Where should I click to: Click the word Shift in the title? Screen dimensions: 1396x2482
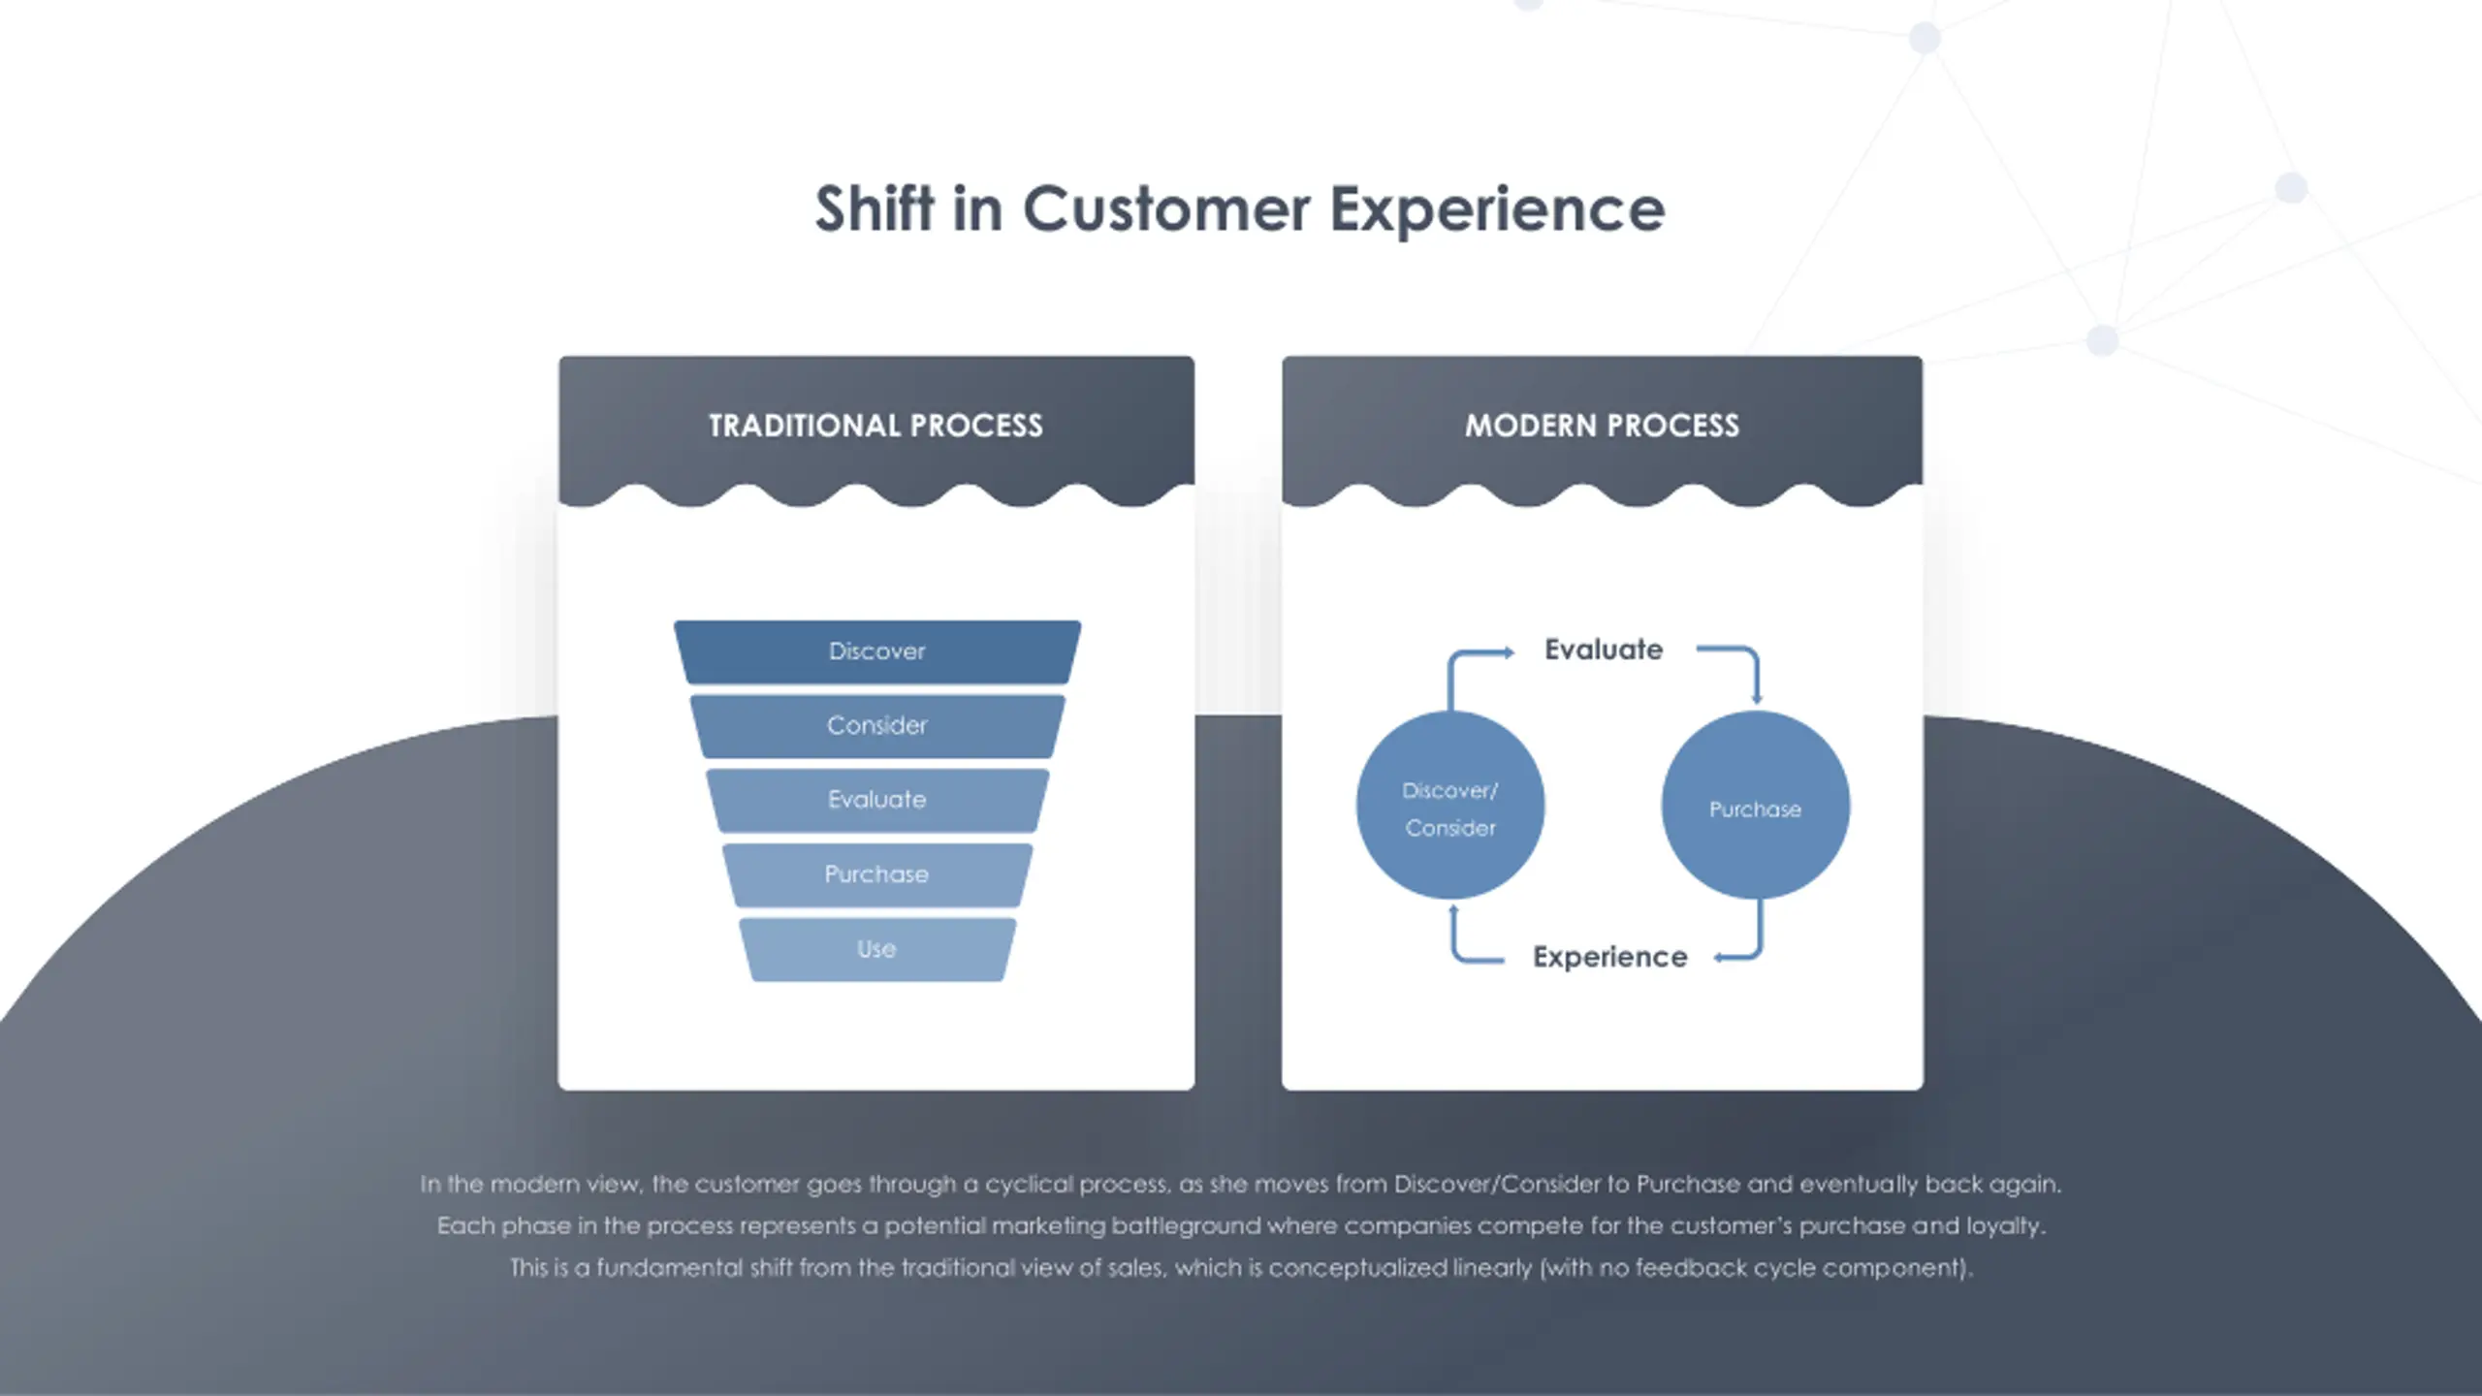[x=875, y=209]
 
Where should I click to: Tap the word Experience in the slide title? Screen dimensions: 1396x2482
[x=1496, y=209]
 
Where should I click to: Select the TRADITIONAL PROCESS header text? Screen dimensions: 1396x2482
[x=875, y=426]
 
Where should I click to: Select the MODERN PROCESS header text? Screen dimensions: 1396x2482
[x=1602, y=426]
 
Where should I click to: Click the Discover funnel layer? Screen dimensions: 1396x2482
[x=876, y=651]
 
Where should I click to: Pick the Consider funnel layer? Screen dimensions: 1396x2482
[x=876, y=725]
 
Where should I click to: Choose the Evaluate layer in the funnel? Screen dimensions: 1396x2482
[x=876, y=800]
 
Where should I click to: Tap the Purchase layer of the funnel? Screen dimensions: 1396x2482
[x=876, y=874]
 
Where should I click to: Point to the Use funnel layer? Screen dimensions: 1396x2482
[x=876, y=949]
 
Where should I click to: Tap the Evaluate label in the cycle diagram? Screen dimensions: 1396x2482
[x=1603, y=650]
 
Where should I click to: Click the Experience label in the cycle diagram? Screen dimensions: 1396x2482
[x=1609, y=957]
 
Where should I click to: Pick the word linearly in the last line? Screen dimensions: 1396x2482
[x=1492, y=1268]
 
